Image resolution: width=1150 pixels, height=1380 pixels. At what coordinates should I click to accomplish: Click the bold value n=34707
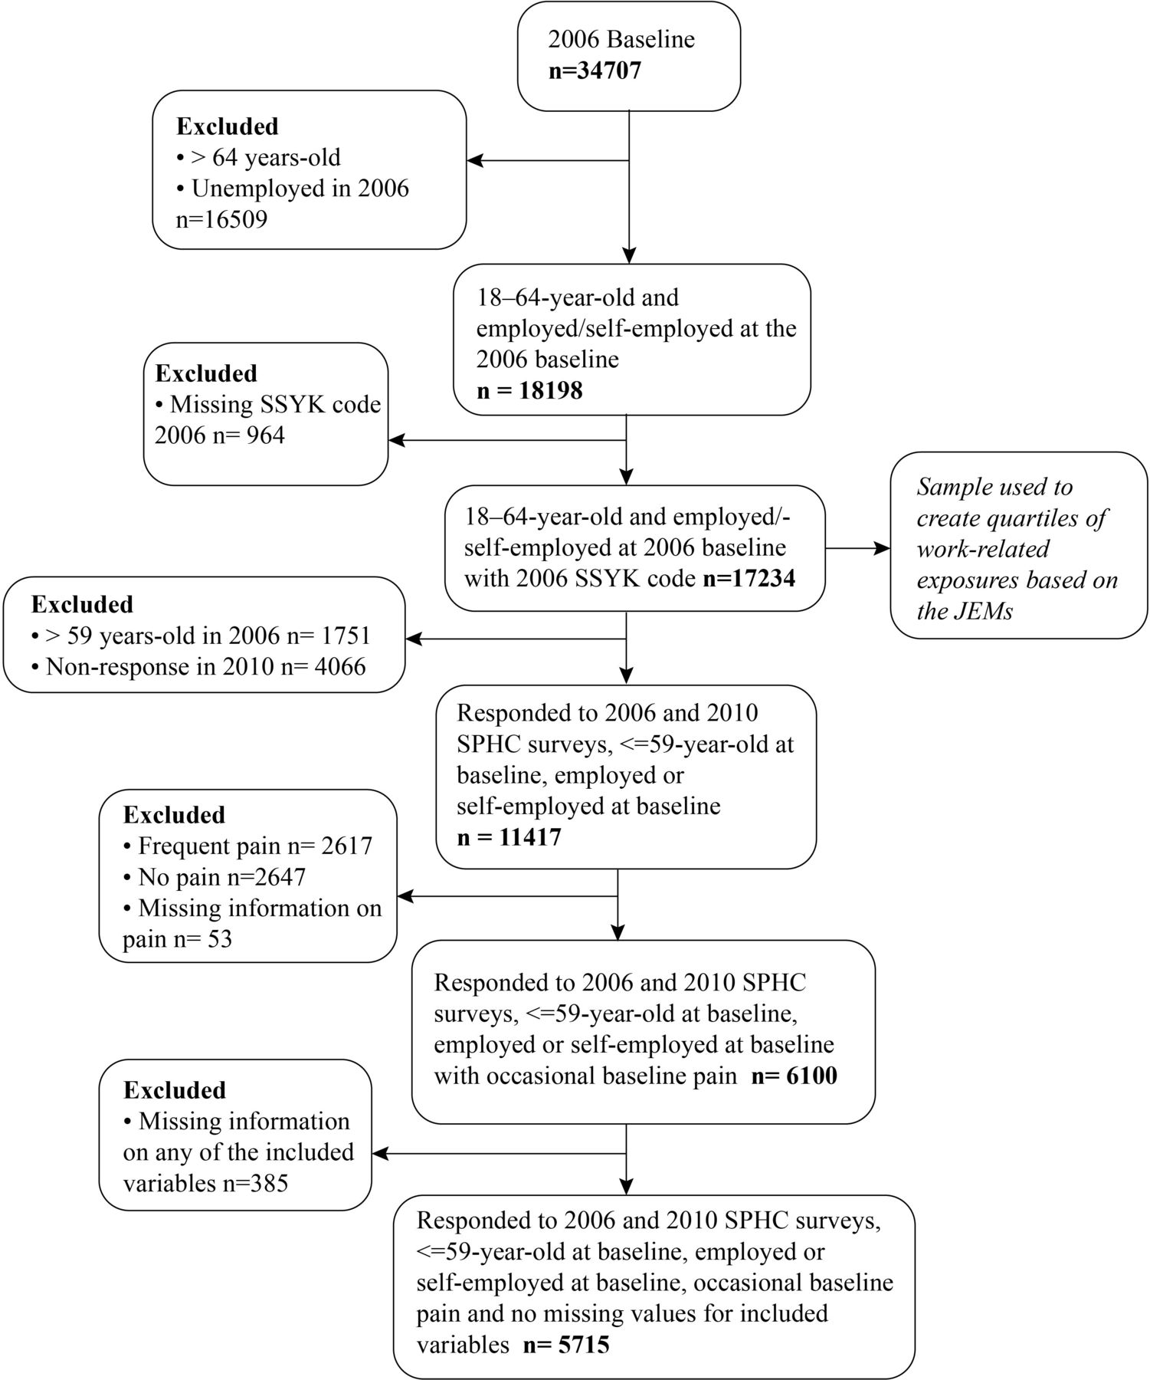pos(595,71)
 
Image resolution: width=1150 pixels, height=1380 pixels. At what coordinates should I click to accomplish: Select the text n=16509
pos(222,220)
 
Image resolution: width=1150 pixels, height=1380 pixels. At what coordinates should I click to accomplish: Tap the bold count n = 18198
pos(529,391)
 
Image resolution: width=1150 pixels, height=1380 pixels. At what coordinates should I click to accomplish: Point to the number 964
pos(264,435)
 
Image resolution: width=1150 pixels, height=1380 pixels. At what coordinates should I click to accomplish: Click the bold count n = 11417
pos(509,836)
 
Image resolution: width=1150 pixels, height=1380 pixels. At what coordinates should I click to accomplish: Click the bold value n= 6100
pos(794,1076)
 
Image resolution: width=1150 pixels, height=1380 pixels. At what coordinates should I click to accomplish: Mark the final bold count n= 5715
pos(566,1345)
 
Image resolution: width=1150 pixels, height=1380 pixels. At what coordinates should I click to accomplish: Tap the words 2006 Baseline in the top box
pos(622,40)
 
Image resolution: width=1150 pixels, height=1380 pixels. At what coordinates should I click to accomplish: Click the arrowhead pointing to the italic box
pos(883,549)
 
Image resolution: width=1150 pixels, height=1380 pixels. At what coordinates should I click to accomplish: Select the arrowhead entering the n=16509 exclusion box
pos(475,161)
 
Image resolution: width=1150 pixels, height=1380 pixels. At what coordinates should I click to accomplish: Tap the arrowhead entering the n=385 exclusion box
pos(380,1153)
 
